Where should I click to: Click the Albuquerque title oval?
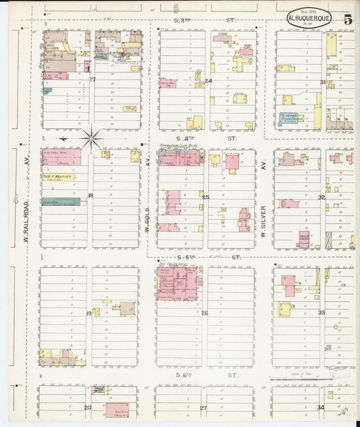tap(309, 18)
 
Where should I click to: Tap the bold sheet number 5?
tap(346, 19)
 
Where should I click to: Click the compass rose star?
tap(91, 139)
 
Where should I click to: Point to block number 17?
tap(93, 80)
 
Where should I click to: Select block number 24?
tap(208, 80)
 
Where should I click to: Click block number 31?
tap(323, 82)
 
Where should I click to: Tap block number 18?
tap(90, 196)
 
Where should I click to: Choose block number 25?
tap(205, 197)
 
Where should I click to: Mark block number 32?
tap(322, 197)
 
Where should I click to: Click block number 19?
tap(88, 313)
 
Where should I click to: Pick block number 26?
tap(205, 313)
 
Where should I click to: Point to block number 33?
tap(321, 313)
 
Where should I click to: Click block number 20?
tap(87, 407)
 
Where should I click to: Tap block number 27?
tap(203, 408)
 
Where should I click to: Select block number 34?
tap(320, 407)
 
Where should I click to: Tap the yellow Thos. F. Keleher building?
tap(57, 177)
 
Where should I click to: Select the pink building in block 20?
tap(116, 409)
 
